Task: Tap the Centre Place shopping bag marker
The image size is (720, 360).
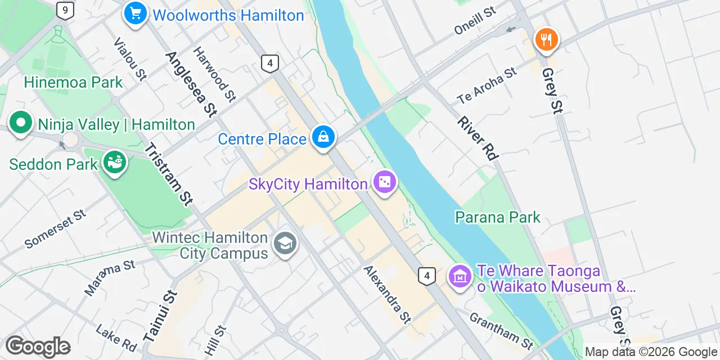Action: tap(324, 137)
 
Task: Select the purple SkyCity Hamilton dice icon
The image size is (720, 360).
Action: tap(385, 183)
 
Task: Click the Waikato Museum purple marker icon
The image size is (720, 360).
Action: tap(461, 276)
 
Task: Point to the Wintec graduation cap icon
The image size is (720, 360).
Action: tap(285, 244)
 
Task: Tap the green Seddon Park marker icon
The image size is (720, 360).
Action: tap(115, 163)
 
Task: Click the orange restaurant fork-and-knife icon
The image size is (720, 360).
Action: tap(546, 40)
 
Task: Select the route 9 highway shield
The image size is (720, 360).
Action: tap(65, 10)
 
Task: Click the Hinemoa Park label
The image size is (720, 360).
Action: tap(73, 83)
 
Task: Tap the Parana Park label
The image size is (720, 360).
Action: tap(497, 217)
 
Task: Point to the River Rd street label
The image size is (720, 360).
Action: tap(478, 138)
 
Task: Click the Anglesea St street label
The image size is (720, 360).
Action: tap(191, 84)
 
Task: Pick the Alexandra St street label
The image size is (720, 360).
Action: tap(388, 294)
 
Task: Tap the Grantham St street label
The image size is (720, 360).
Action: tap(501, 331)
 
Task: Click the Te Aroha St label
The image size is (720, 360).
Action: tap(487, 86)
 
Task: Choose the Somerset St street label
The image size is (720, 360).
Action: tap(55, 229)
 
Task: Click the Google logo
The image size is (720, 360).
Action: tap(38, 346)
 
